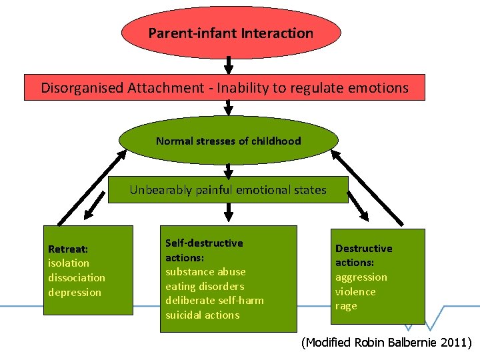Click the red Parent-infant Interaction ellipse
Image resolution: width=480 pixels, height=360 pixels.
click(x=231, y=33)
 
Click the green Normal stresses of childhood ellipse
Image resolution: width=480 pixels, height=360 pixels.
click(x=228, y=141)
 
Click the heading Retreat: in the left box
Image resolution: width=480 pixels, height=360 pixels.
click(x=68, y=249)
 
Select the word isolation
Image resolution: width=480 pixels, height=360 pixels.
click(x=68, y=263)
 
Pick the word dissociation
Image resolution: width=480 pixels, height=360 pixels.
click(x=77, y=277)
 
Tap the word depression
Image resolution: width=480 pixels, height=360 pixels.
click(x=75, y=292)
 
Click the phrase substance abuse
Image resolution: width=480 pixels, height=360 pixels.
click(x=205, y=271)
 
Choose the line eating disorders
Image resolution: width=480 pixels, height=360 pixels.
click(x=205, y=286)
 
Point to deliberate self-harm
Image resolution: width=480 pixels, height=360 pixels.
click(x=214, y=300)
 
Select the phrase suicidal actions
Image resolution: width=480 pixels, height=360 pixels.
click(x=202, y=315)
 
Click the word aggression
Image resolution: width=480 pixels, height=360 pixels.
click(x=361, y=277)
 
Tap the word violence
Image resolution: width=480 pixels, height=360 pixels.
click(x=355, y=291)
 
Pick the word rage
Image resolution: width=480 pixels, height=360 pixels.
click(x=346, y=306)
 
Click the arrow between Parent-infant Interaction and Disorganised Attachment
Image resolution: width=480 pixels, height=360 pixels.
click(x=229, y=65)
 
